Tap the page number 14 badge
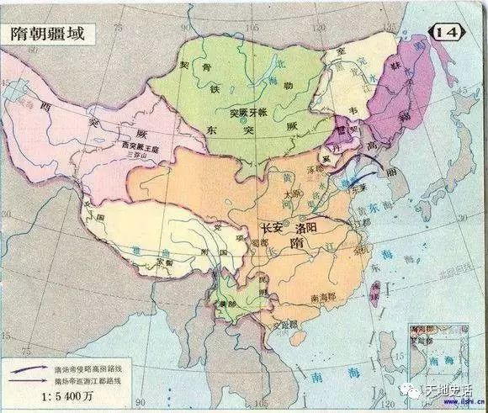point(454,31)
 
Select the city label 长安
point(273,227)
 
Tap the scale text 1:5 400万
point(53,396)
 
